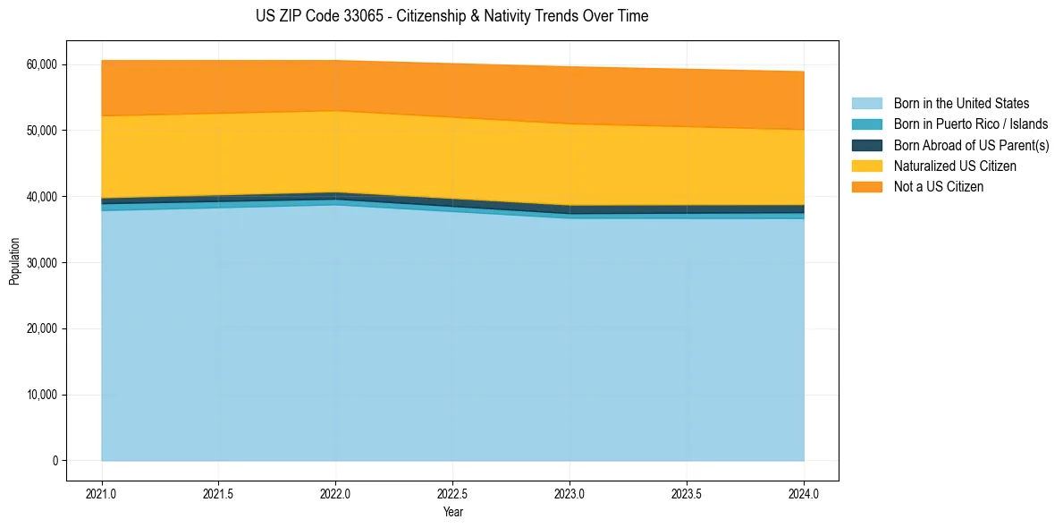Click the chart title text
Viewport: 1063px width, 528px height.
tap(451, 16)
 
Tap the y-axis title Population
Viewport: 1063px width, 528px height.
tap(14, 261)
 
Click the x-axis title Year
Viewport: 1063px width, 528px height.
tap(452, 512)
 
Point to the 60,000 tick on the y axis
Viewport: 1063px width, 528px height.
tap(42, 64)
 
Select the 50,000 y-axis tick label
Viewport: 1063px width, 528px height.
tap(42, 131)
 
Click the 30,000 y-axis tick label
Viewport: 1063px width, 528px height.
tap(42, 263)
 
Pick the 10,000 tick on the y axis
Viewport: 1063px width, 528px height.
tap(42, 395)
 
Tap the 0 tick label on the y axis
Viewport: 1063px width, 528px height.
tap(55, 461)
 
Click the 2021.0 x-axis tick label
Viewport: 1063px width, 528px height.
tap(102, 493)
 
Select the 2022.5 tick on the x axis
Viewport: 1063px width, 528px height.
tap(453, 493)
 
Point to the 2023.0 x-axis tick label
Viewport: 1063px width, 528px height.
tap(570, 493)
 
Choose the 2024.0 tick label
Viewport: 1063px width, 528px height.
tap(805, 493)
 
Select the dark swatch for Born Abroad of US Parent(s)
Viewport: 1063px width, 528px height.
tap(866, 145)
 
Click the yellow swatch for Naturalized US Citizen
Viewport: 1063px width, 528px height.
tap(866, 166)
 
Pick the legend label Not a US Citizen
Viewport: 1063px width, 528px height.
tap(938, 187)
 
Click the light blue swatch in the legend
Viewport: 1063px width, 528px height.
tap(866, 104)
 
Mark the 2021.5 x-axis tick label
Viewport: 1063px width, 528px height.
tap(219, 493)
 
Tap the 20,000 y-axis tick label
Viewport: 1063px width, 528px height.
tap(42, 328)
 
